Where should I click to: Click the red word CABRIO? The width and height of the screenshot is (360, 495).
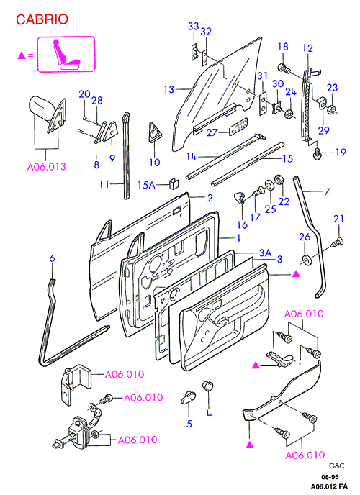pyautogui.click(x=42, y=19)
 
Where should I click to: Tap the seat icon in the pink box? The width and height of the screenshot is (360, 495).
pyautogui.click(x=66, y=54)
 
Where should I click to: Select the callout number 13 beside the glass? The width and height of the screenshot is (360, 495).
pyautogui.click(x=169, y=89)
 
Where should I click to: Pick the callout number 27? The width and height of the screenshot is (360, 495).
pyautogui.click(x=212, y=132)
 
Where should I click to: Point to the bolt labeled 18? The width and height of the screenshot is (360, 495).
pyautogui.click(x=284, y=68)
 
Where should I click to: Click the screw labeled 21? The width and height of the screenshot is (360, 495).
pyautogui.click(x=337, y=242)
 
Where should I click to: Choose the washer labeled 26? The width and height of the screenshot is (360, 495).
pyautogui.click(x=306, y=260)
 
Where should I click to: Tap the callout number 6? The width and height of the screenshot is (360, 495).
pyautogui.click(x=52, y=258)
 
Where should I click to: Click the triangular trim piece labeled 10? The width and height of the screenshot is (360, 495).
pyautogui.click(x=155, y=132)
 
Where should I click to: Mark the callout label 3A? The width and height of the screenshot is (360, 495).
pyautogui.click(x=265, y=253)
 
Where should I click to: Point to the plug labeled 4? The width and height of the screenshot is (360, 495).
pyautogui.click(x=207, y=386)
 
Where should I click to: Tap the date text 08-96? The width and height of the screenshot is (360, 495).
pyautogui.click(x=330, y=477)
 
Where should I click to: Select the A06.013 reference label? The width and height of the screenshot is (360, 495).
pyautogui.click(x=46, y=166)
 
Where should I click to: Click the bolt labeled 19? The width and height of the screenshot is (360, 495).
pyautogui.click(x=317, y=154)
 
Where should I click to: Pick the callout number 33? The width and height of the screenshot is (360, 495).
pyautogui.click(x=193, y=26)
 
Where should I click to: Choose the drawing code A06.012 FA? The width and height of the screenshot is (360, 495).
pyautogui.click(x=329, y=486)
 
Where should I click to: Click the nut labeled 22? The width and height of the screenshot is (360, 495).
pyautogui.click(x=279, y=181)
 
